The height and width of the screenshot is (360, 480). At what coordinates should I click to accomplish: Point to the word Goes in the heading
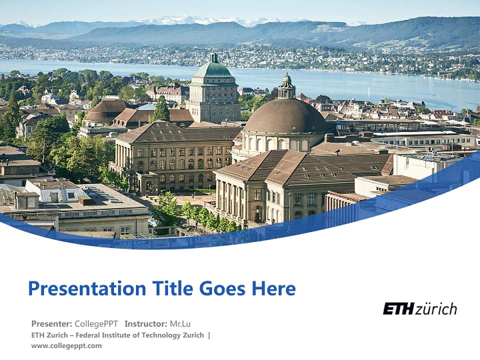click(x=223, y=289)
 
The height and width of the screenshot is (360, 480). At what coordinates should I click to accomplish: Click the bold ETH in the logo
click(x=398, y=309)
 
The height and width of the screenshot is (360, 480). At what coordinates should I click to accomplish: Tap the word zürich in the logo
click(x=435, y=309)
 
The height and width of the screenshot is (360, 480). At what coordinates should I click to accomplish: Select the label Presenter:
click(x=51, y=323)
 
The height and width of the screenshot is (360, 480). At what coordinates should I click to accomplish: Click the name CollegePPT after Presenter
click(x=96, y=323)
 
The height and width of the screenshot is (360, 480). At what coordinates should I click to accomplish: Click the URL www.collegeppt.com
click(x=66, y=345)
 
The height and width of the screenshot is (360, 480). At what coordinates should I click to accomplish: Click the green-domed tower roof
click(x=213, y=69)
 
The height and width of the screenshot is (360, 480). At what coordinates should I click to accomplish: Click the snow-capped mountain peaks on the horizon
click(x=200, y=20)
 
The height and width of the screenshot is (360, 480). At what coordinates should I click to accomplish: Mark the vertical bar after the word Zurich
click(x=209, y=335)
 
